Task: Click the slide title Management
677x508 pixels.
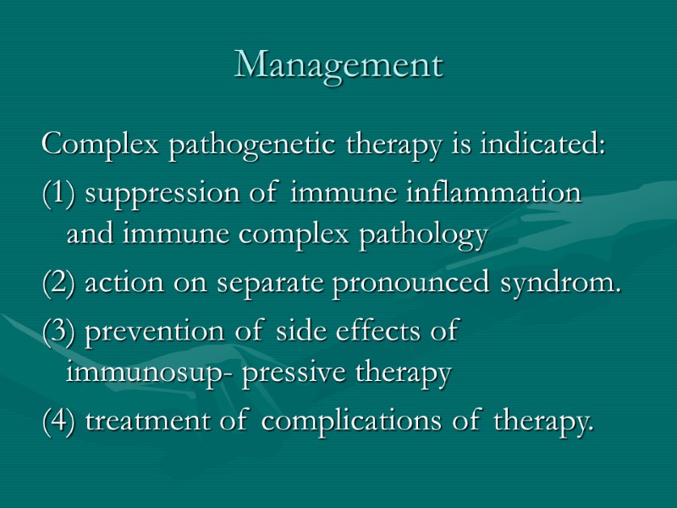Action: click(x=338, y=65)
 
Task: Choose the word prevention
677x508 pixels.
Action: click(x=161, y=332)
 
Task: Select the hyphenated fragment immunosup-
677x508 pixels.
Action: click(x=151, y=373)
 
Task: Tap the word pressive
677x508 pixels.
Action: click(x=289, y=373)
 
